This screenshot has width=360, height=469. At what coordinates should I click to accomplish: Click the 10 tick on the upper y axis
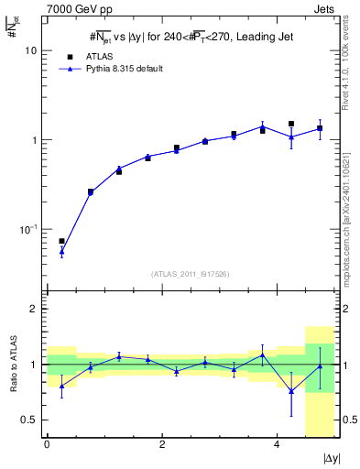click(31, 51)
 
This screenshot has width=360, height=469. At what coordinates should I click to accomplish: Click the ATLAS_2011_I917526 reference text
click(190, 273)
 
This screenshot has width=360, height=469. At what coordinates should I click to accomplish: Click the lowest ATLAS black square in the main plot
click(61, 241)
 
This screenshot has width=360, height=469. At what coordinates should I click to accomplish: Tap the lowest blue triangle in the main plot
click(61, 251)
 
